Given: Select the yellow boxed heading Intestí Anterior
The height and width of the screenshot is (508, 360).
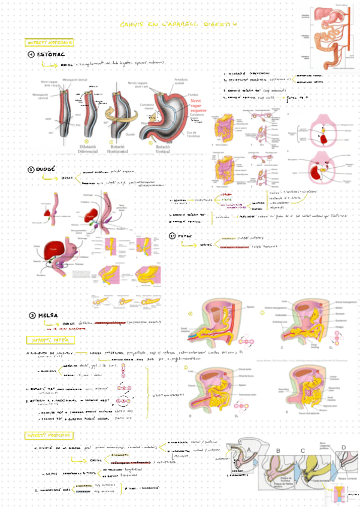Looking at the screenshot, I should (50, 43).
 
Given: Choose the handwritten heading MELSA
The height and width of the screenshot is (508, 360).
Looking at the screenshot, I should (47, 315).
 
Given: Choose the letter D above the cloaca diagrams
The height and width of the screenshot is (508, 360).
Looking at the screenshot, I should (343, 446).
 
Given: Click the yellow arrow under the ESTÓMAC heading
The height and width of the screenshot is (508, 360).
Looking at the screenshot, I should (53, 63).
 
